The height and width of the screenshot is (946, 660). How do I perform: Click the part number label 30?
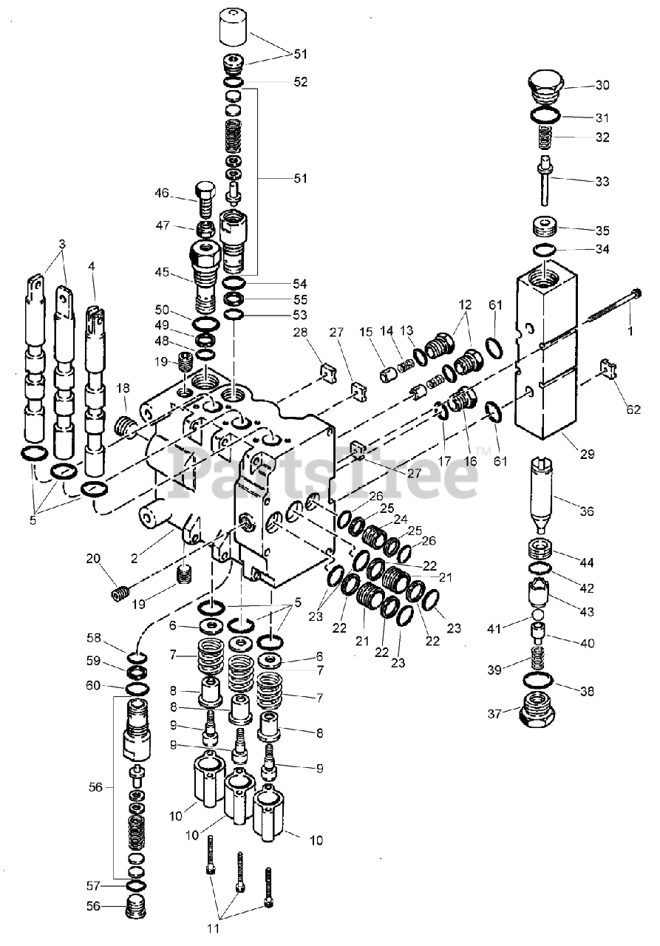click(602, 85)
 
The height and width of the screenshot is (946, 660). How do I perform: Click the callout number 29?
click(587, 455)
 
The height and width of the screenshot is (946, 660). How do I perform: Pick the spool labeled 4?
click(96, 392)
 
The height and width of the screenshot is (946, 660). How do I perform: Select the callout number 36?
click(586, 511)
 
